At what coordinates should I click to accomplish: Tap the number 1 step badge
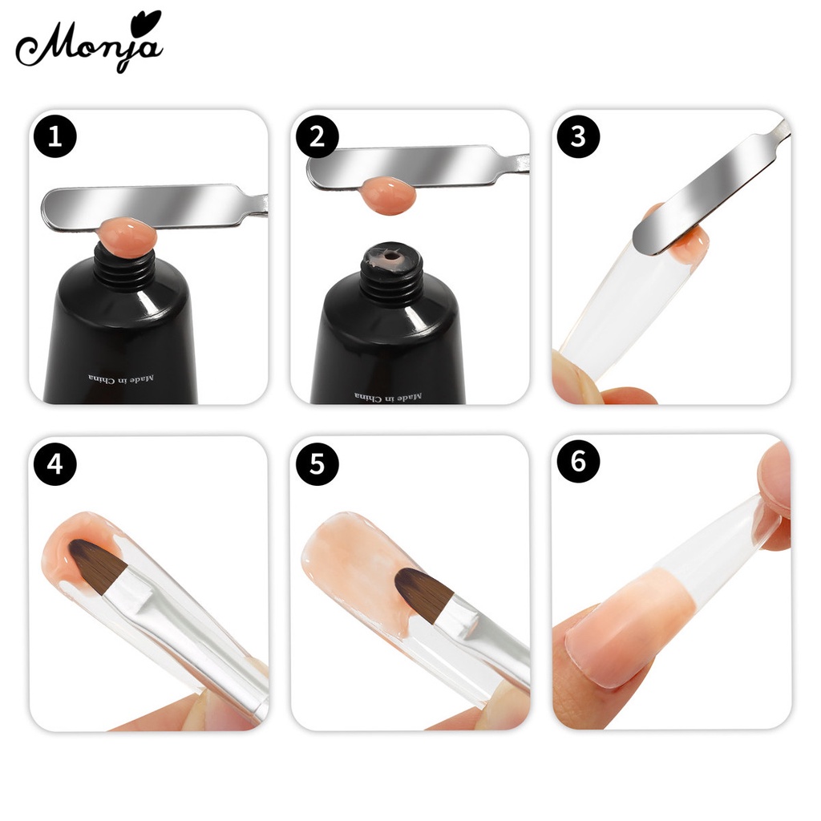coord(55,136)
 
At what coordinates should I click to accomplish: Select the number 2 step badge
coord(317,136)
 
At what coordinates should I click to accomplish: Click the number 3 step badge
coord(578,136)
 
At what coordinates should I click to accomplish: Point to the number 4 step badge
coord(55,463)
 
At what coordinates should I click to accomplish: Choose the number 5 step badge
coord(317,463)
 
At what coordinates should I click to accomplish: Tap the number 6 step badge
coord(578,463)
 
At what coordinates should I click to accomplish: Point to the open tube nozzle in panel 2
coord(388,260)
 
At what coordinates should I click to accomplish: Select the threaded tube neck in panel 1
coord(123,268)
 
